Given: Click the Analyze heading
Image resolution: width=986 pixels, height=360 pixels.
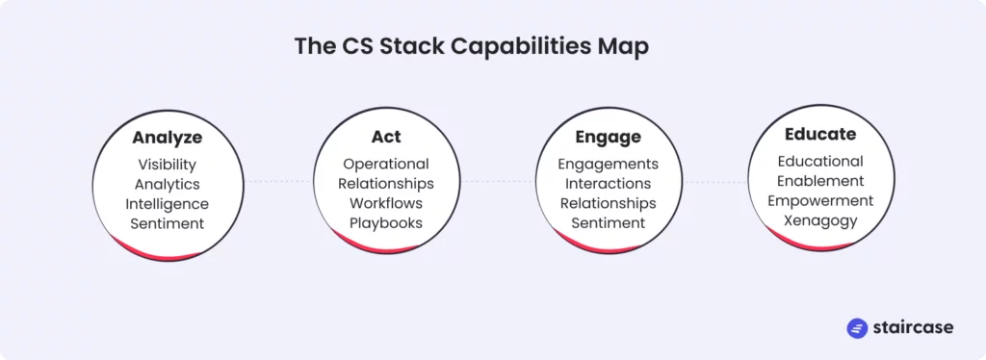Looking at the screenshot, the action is click(x=168, y=138).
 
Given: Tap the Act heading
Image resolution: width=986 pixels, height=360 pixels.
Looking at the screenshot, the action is click(x=386, y=137).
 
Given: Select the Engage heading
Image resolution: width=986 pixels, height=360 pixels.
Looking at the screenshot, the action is click(x=609, y=137).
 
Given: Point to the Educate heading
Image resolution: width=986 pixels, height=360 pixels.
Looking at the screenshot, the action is click(x=820, y=134).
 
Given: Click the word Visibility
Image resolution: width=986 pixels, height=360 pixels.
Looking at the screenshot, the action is click(x=168, y=165).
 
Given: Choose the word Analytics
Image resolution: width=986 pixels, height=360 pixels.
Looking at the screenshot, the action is click(x=168, y=184).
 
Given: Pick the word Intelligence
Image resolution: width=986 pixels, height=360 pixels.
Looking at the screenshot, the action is click(x=168, y=203).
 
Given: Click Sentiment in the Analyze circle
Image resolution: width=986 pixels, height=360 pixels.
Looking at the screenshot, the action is click(x=168, y=223).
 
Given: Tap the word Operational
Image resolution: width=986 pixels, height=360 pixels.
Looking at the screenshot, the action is click(x=386, y=164).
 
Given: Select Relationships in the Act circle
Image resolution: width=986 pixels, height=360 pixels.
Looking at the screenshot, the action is click(x=386, y=184).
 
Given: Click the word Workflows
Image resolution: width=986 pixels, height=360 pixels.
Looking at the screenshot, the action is click(x=386, y=203).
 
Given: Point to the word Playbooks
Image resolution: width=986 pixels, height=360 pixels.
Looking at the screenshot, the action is click(x=386, y=223).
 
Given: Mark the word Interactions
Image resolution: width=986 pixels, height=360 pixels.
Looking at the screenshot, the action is click(x=609, y=184).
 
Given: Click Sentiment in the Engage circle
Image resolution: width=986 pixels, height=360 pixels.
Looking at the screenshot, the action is click(x=609, y=222).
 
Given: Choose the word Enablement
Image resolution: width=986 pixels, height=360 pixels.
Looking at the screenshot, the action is click(x=820, y=181).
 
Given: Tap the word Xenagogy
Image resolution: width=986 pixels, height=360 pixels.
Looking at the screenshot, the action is click(x=820, y=220).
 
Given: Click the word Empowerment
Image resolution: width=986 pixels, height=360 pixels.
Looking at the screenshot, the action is click(x=820, y=201).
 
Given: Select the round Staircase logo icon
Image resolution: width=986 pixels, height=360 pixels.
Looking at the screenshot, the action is click(x=857, y=328).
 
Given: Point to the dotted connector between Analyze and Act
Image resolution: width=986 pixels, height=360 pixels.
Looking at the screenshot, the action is click(x=278, y=182).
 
